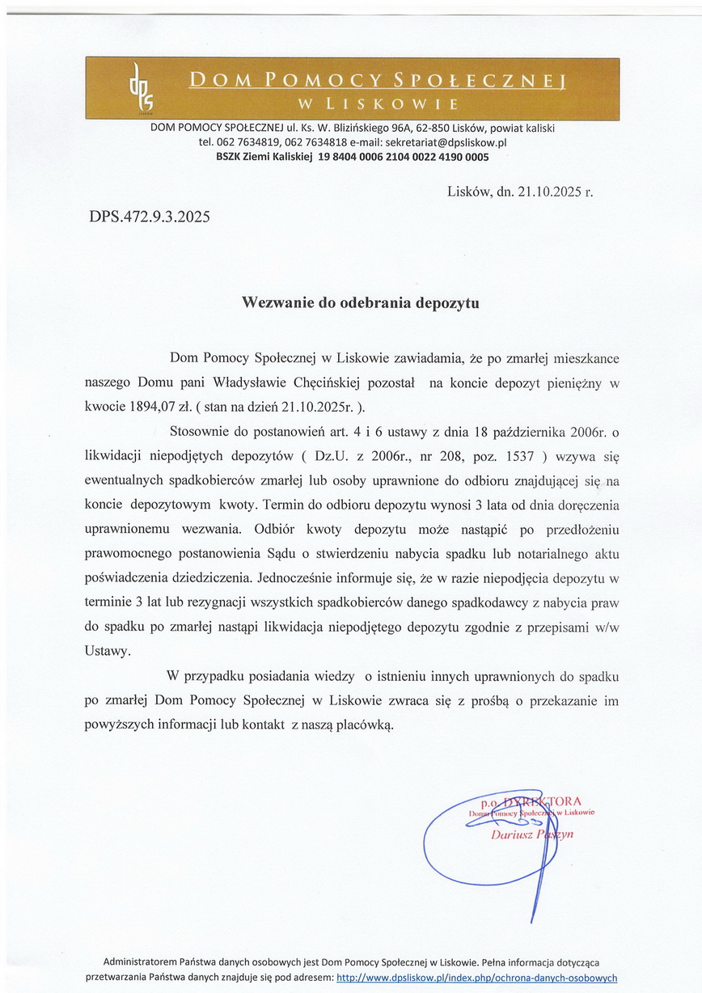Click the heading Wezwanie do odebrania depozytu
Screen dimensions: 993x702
pyautogui.click(x=361, y=303)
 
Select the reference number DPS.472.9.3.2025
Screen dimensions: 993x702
pyautogui.click(x=149, y=217)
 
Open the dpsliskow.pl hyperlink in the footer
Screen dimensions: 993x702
pyautogui.click(x=476, y=977)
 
